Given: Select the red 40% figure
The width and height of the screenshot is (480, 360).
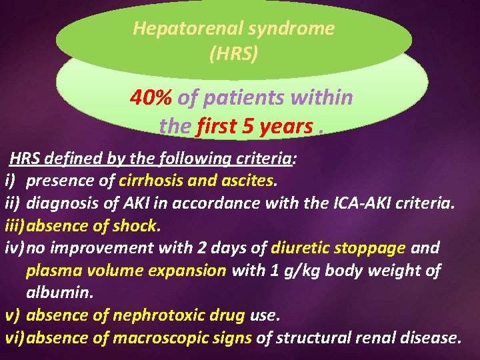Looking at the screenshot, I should coord(151,98).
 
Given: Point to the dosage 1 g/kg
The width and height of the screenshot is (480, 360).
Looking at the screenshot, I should coord(294,270).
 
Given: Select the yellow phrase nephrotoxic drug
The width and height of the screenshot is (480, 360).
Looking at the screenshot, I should coord(169,315).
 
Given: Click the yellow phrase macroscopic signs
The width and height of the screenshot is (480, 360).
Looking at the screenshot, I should coord(182,338).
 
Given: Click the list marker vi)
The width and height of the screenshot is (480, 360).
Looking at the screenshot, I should coord(15,338).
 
